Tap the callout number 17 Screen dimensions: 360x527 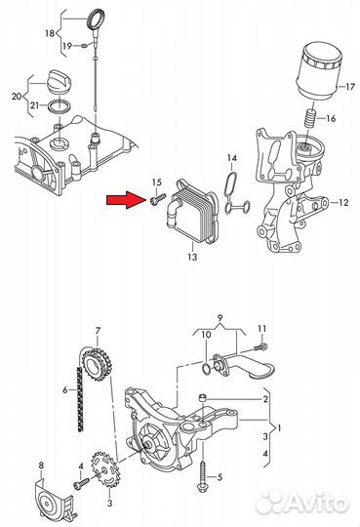click(349, 87)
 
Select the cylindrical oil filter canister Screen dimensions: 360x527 click(319, 70)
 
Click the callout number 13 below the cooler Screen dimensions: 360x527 click(192, 257)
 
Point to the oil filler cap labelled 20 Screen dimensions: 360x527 click(59, 82)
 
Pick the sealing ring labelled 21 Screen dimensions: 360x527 click(60, 106)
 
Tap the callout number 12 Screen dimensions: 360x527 click(343, 202)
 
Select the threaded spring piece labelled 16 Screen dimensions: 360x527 click(310, 118)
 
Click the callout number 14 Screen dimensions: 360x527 click(232, 157)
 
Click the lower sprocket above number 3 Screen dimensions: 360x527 click(104, 469)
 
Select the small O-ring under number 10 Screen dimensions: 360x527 click(207, 368)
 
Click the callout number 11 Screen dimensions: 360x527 click(262, 328)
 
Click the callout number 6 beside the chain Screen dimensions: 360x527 click(64, 390)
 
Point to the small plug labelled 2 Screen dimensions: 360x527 click(202, 397)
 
